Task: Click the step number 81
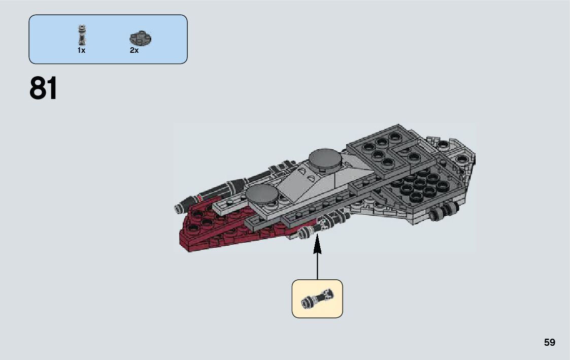(44, 89)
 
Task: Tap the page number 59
(550, 342)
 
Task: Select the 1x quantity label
(81, 50)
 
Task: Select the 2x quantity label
(134, 50)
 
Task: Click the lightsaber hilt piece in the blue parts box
(81, 35)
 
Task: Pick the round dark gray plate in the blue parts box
(141, 38)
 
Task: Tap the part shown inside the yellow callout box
(317, 299)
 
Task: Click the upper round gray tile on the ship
(326, 158)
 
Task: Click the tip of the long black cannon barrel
(179, 207)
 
